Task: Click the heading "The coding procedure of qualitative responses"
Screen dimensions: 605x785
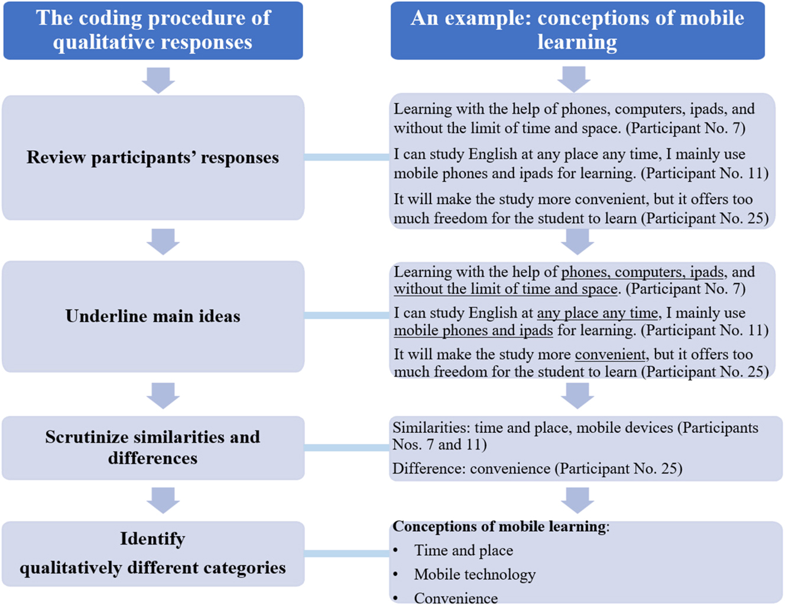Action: coord(153,30)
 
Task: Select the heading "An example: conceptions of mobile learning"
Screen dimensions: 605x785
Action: coord(577,30)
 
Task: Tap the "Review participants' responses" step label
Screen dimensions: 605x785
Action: coord(153,158)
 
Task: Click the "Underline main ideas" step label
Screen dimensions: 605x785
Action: coord(153,316)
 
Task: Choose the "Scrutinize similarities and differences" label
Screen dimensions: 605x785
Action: coord(153,447)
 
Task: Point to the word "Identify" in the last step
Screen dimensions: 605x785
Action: coord(153,539)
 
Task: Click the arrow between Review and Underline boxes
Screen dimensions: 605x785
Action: coord(163,241)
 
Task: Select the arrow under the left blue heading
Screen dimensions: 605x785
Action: coord(158,80)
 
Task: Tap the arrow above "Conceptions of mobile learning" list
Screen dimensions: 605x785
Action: coord(577,500)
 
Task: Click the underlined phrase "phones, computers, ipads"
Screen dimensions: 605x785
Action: coord(643,272)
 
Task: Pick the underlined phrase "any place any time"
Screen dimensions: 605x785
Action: coord(597,313)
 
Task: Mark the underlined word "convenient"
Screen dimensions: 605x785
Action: coord(610,354)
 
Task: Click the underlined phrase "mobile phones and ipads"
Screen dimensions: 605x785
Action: coord(473,330)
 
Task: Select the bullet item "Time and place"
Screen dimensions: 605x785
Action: coord(463,551)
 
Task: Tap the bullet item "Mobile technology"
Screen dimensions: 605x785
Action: coord(475,574)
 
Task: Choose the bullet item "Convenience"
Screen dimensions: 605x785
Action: coord(456,598)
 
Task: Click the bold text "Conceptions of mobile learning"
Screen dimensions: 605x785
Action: coord(499,526)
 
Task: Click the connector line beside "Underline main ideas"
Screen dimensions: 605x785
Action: coord(346,316)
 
